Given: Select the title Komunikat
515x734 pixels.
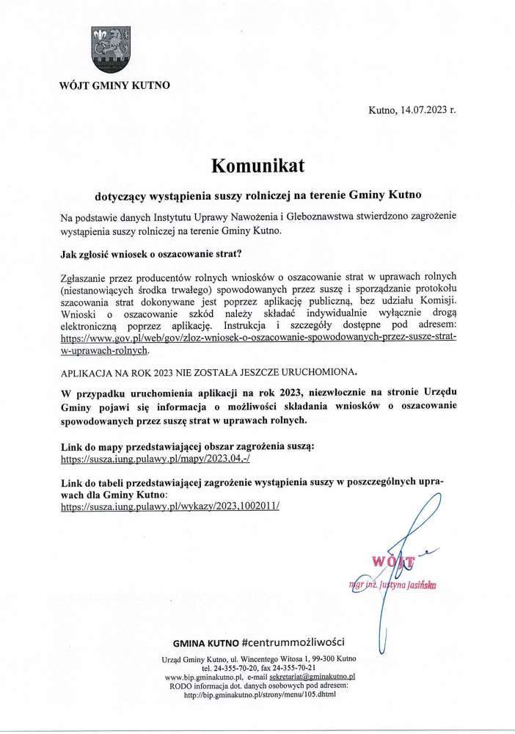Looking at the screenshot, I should (x=257, y=166).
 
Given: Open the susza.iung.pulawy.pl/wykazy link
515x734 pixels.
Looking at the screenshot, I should (x=170, y=506).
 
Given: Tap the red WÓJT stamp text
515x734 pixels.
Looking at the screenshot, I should (x=393, y=562).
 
